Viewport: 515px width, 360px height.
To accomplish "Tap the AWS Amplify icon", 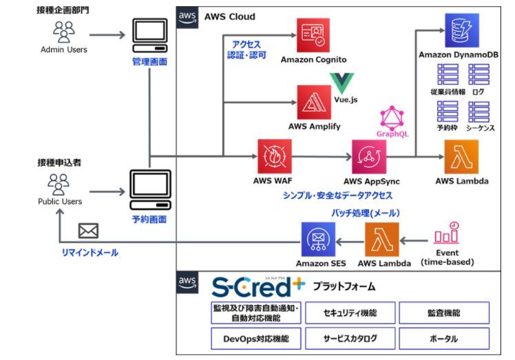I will coord(314,103).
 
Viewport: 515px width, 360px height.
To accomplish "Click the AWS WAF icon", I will coord(275,157).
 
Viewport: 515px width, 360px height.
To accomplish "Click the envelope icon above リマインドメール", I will coord(89,231).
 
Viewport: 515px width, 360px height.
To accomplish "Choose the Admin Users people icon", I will coord(63,32).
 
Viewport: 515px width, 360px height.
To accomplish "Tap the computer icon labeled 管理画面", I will coord(149,34).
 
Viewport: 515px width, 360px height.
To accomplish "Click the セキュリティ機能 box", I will coord(350,313).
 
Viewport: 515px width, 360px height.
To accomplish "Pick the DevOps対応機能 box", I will coord(256,338).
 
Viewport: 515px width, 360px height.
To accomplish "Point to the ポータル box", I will coord(444,338).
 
